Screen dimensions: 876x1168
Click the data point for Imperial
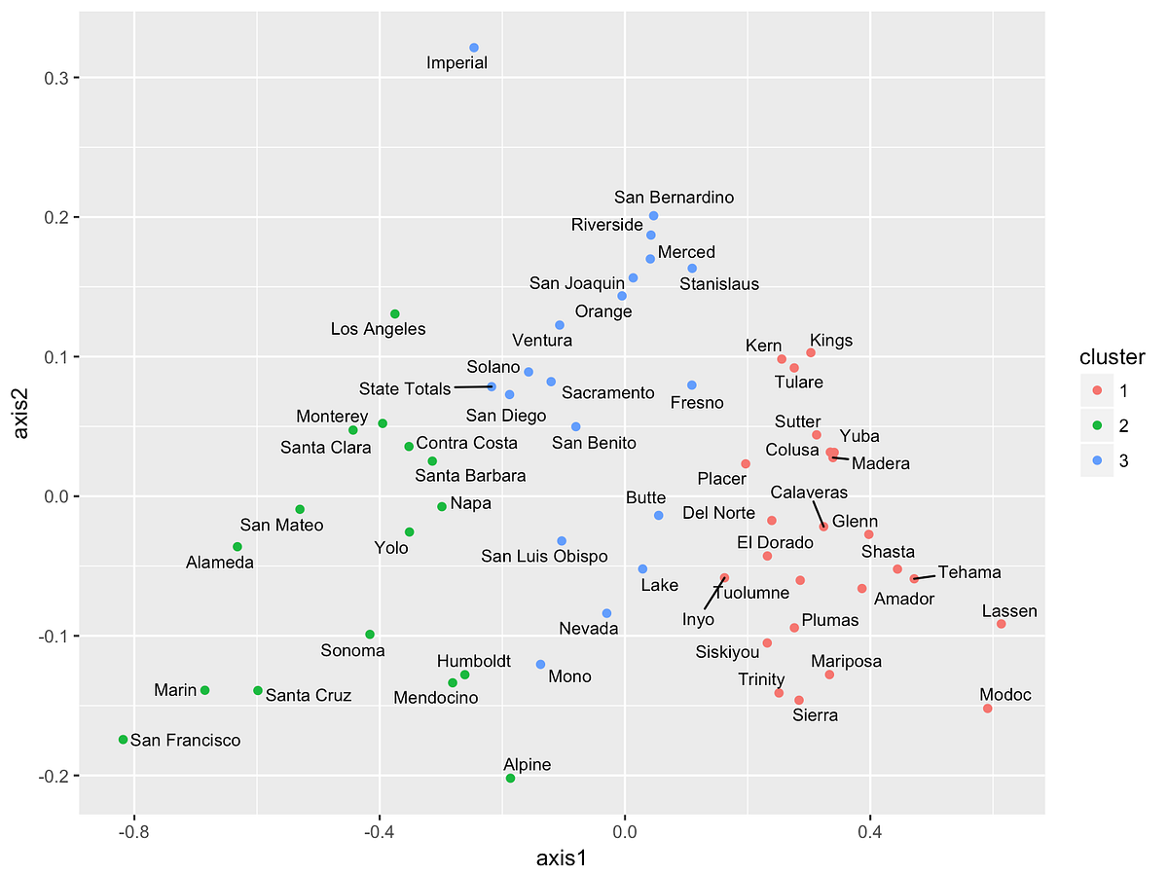[x=474, y=48]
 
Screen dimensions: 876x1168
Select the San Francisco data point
[x=123, y=740]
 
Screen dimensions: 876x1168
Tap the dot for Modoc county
[x=988, y=709]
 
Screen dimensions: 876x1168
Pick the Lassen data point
[x=1001, y=624]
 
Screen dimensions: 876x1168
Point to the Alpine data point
[x=510, y=779]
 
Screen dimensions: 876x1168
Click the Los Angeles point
[x=395, y=313]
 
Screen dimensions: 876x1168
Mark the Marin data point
[x=204, y=690]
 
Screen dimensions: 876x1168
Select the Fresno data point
[x=692, y=385]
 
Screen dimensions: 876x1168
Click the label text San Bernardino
[x=675, y=198]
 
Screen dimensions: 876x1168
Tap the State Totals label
[x=405, y=389]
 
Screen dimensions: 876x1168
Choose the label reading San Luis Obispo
[x=544, y=557]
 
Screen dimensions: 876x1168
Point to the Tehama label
[x=969, y=573]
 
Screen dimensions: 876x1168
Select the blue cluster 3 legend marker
[x=1096, y=460]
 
